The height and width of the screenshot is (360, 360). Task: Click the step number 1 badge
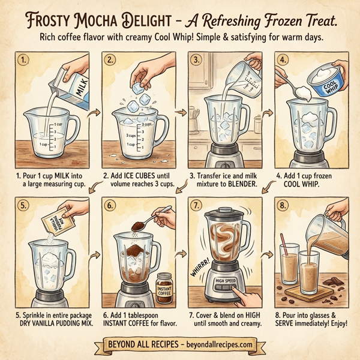click(23, 61)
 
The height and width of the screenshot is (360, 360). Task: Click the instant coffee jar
click(164, 287)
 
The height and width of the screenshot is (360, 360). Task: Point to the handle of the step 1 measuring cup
click(72, 132)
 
